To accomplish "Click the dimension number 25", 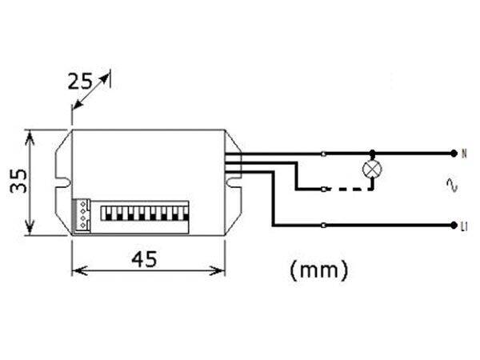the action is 79,82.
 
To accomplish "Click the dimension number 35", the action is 18,181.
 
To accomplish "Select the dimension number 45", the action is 144,259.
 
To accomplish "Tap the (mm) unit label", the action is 318,270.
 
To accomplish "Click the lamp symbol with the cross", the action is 372,169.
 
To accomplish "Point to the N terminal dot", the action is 454,154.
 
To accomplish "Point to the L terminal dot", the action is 454,226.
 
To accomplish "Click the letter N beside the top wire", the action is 464,154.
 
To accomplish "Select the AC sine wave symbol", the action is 451,185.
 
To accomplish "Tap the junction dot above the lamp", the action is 372,153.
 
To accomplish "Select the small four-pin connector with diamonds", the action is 82,214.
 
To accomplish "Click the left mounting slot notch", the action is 64,182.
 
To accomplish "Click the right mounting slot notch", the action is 234,182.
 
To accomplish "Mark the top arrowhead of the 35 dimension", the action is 30,137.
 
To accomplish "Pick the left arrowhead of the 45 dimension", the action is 79,270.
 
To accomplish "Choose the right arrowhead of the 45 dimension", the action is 218,270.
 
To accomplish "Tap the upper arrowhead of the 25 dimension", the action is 105,78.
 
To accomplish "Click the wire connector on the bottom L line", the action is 324,226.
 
